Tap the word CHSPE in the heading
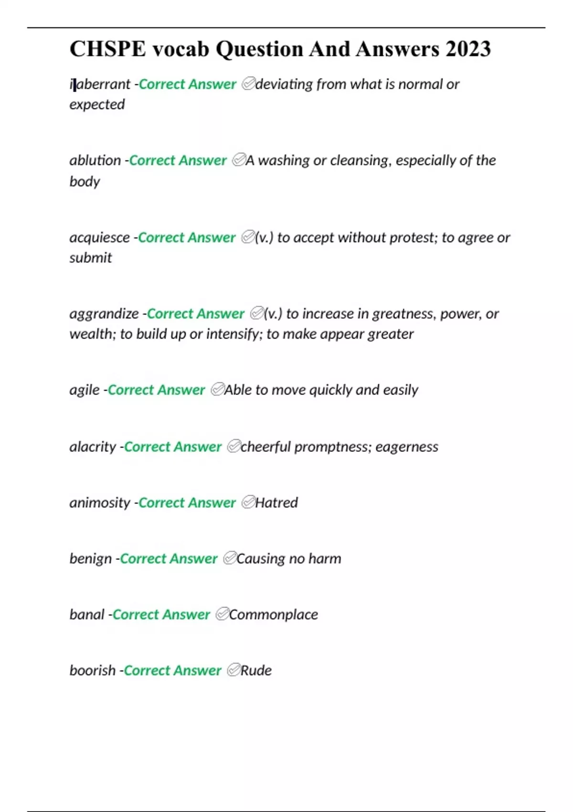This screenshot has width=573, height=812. tap(107, 49)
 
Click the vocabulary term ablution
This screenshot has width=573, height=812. tap(95, 160)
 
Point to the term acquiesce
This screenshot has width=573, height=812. tap(99, 237)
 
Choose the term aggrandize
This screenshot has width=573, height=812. tap(104, 314)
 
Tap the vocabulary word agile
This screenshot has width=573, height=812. tap(85, 390)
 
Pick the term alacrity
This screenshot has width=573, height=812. tap(93, 447)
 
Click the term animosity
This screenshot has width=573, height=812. tap(100, 503)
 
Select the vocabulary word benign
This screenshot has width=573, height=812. tap(90, 559)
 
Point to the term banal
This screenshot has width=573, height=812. tap(86, 615)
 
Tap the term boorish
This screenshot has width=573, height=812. tap(93, 671)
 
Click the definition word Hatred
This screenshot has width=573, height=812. tap(276, 503)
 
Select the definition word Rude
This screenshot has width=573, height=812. tap(256, 671)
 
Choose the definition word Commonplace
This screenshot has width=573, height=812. tap(274, 615)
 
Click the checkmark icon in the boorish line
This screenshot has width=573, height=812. tap(233, 670)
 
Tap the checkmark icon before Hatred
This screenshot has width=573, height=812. tap(248, 502)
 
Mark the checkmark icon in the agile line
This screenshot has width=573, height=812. tap(217, 390)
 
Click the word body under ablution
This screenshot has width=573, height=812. tap(85, 182)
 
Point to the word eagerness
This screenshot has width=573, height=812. tap(406, 447)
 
